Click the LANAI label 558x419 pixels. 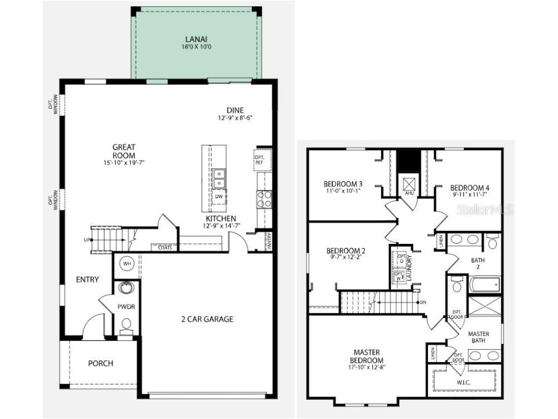click(195, 39)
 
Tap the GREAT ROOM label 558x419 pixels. click(124, 147)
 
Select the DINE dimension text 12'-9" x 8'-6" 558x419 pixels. click(235, 118)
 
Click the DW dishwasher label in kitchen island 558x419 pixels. click(219, 196)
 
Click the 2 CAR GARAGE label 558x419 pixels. click(207, 319)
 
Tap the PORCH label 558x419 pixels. click(100, 363)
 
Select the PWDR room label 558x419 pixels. click(126, 307)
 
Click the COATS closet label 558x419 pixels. click(165, 248)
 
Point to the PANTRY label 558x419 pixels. click(268, 241)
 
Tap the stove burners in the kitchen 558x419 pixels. click(264, 199)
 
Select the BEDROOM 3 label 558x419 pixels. click(343, 184)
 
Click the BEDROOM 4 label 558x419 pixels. click(470, 188)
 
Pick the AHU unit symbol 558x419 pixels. click(408, 184)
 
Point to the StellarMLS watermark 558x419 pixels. click(484, 210)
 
